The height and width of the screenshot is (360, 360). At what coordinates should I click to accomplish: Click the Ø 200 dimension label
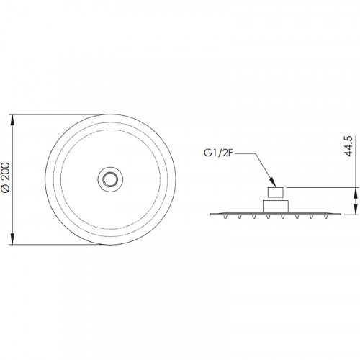6,178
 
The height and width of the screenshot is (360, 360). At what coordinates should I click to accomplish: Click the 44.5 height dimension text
348,146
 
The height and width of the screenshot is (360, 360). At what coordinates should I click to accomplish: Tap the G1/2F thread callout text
218,153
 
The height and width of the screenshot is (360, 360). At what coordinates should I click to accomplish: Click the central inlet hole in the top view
110,179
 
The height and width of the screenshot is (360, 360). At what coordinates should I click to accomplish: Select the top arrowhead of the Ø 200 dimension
13,120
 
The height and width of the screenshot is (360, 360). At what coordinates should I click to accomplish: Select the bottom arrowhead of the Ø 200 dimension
13,239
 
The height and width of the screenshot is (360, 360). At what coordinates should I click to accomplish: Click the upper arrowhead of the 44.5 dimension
355,192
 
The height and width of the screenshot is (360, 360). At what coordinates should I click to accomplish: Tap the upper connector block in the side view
276,192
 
